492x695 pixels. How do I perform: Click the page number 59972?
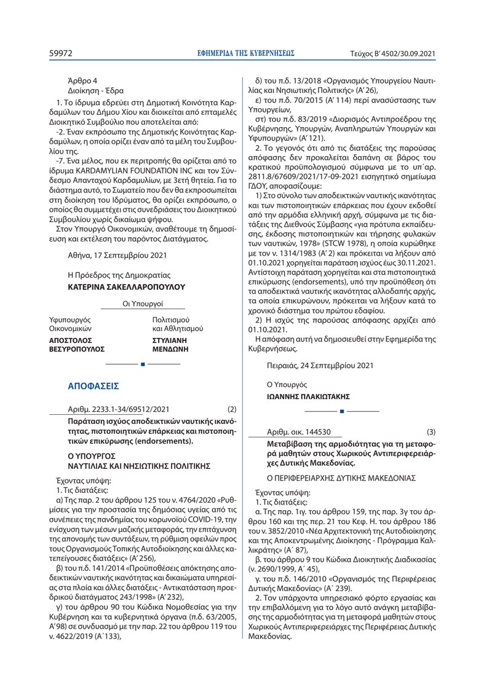61,53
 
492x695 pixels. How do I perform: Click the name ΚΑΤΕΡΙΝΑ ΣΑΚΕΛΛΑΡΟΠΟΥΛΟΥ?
125,286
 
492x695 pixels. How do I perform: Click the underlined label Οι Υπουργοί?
143,304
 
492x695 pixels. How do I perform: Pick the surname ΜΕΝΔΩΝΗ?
170,348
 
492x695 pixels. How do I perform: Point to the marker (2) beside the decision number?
232,409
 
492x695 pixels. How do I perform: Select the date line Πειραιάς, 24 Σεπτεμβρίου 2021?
320,366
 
